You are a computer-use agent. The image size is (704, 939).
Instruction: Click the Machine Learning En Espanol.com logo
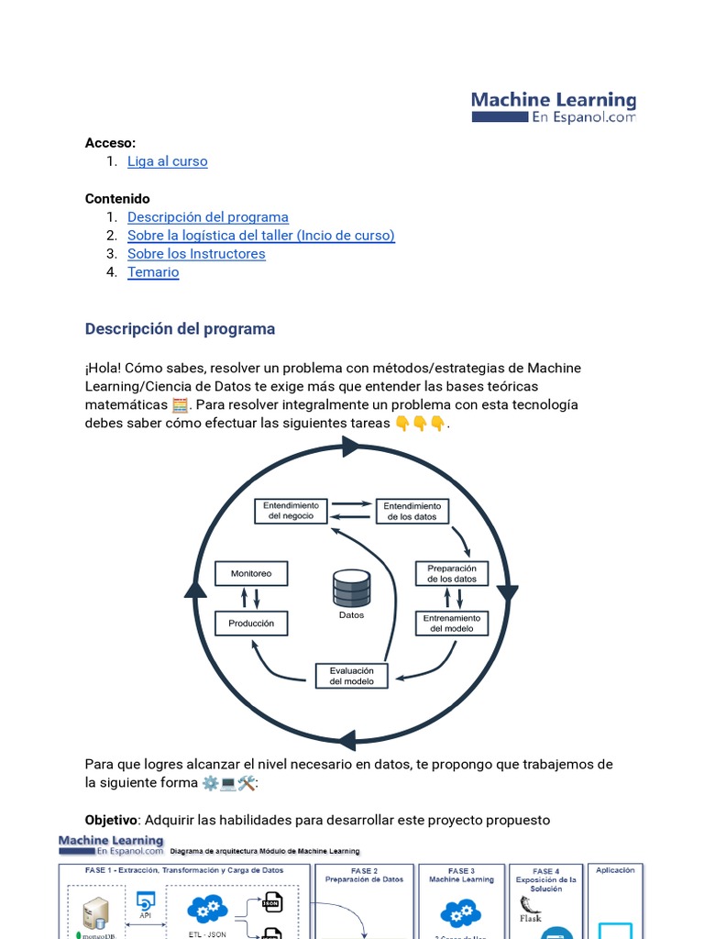tap(553, 106)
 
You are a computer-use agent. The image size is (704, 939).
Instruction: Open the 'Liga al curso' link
tap(167, 161)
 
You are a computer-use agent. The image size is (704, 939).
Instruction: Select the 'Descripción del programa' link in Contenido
tap(207, 217)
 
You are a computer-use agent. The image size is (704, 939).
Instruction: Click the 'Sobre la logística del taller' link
tap(260, 236)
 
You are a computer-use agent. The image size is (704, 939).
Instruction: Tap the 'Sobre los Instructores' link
tap(196, 254)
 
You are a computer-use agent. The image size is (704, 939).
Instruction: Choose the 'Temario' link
tap(153, 272)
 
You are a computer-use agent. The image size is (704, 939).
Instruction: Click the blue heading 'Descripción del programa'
tap(180, 328)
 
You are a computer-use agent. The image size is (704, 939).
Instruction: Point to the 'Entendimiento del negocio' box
tap(291, 511)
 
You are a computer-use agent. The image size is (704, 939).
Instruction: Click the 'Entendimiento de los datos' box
tap(412, 511)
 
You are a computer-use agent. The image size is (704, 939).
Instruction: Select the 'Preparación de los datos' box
tap(452, 573)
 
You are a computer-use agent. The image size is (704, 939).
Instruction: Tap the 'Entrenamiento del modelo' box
tap(452, 624)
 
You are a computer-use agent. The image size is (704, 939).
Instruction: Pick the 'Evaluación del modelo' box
tap(351, 676)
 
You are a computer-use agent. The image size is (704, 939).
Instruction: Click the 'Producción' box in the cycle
tap(251, 624)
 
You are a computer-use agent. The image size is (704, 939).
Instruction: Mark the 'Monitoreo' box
tap(251, 574)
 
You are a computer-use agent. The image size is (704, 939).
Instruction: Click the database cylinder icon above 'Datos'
tap(351, 588)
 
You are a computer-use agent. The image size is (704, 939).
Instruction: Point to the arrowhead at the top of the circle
tap(349, 447)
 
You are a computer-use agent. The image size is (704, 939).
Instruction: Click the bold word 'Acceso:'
tap(110, 143)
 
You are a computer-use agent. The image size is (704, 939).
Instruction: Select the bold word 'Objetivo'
tap(110, 820)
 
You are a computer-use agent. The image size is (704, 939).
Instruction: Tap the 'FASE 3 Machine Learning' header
tap(460, 875)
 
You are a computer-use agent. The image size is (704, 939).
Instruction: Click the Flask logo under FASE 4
tap(530, 911)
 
